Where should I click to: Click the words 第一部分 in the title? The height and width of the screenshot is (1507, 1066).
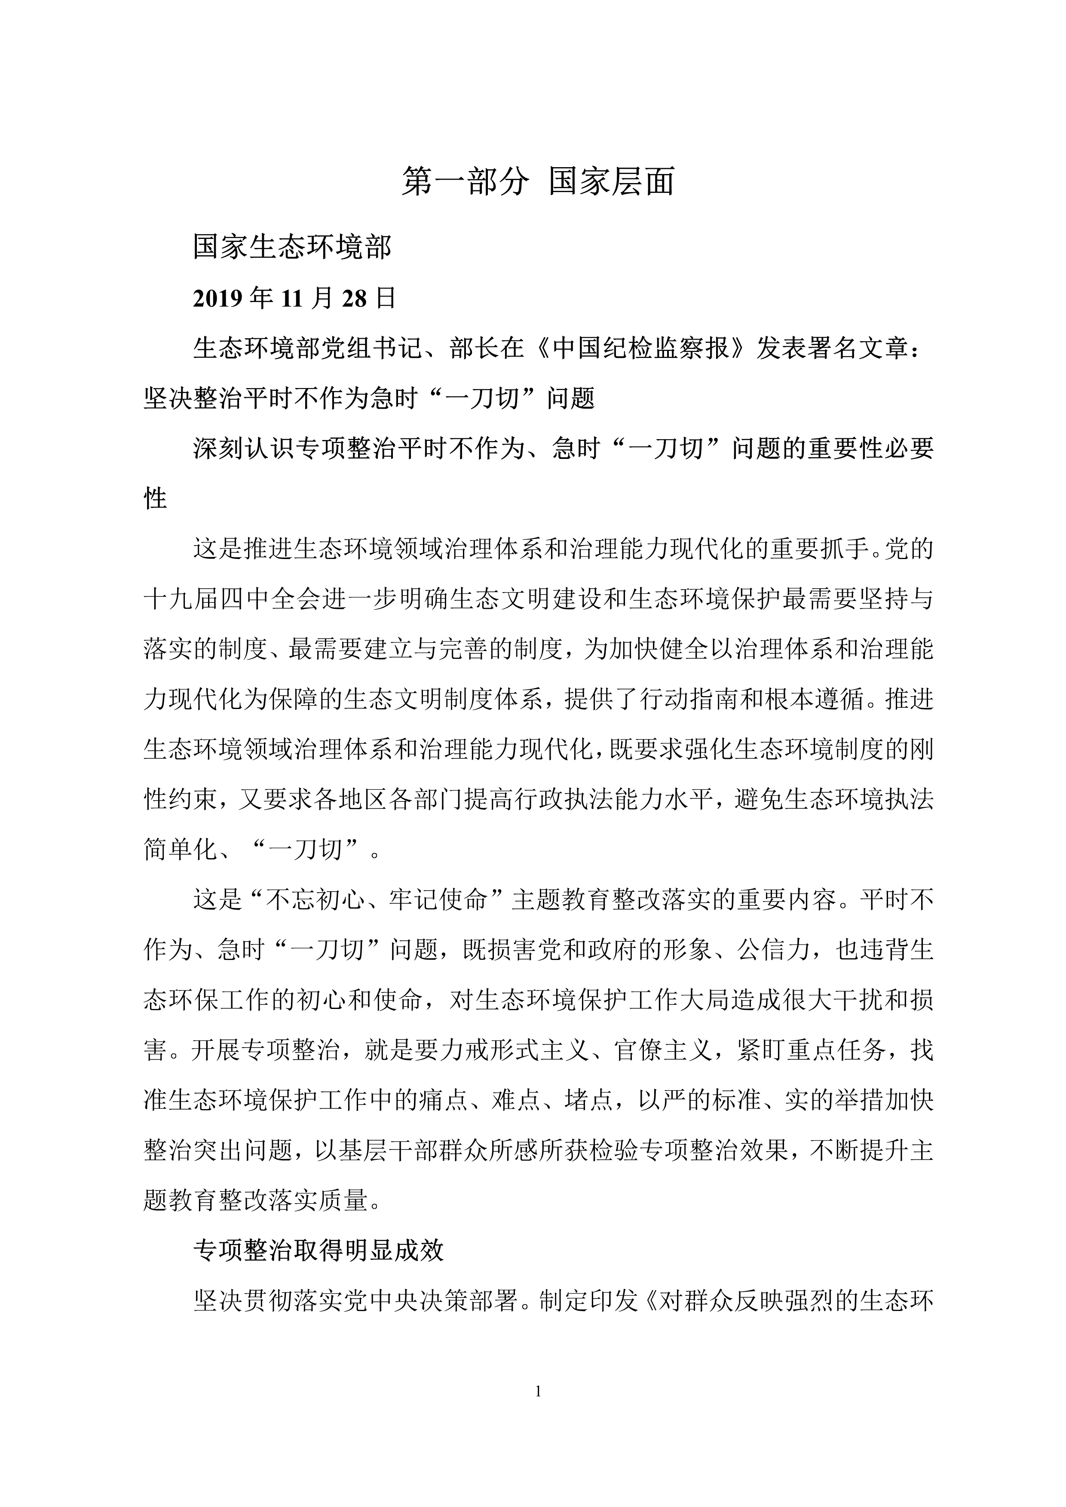(465, 182)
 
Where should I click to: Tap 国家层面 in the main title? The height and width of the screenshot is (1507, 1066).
(612, 182)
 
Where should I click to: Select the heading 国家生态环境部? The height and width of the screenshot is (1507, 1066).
(292, 248)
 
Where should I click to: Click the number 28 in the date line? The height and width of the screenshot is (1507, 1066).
(355, 299)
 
